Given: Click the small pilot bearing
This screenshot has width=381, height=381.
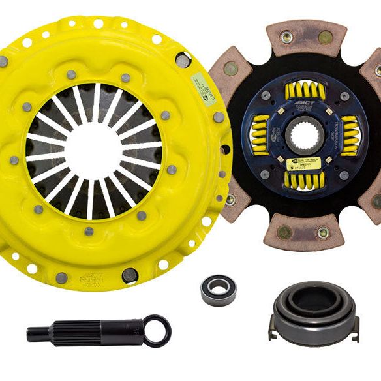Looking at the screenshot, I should pos(219,290).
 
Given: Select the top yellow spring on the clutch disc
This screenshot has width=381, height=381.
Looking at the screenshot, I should pos(301,91).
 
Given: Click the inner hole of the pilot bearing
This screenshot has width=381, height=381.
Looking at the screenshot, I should pos(219,290).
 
